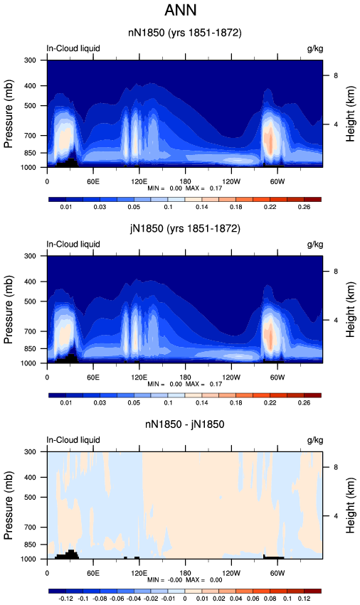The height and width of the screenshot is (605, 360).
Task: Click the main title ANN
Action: [181, 10]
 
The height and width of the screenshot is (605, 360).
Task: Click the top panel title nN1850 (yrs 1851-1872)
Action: [185, 33]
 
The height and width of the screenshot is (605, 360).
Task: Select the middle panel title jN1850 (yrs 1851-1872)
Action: [185, 229]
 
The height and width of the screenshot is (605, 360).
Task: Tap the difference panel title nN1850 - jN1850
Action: [185, 424]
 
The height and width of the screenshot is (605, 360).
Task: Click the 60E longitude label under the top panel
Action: [92, 182]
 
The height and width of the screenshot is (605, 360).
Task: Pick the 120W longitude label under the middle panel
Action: [231, 378]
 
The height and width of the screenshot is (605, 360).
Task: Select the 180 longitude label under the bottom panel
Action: [185, 573]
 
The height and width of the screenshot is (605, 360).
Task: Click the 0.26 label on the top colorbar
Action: [304, 207]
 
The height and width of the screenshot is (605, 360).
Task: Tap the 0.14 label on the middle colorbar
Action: [201, 402]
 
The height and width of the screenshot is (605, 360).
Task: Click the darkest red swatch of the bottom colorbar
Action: [312, 591]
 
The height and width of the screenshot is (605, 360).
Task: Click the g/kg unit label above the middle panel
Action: [315, 245]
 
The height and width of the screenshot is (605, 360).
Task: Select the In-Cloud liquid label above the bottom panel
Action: [73, 440]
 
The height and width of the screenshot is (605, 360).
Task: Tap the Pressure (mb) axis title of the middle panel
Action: [9, 309]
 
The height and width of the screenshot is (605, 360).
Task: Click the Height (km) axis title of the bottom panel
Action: [350, 505]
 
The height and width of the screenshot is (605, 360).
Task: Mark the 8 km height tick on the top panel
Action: [336, 75]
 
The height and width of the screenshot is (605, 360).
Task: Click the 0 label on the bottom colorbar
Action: [185, 599]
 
